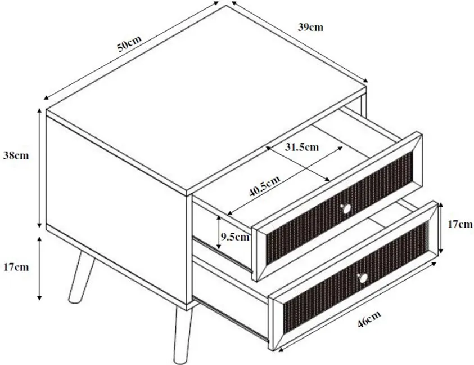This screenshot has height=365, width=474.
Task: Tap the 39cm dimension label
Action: [310, 27]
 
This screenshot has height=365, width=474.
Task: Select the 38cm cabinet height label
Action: [16, 155]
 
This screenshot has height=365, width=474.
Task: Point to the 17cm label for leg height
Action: [16, 267]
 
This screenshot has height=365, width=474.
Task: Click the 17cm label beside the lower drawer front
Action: [460, 224]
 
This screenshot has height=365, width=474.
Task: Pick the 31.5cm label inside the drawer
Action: [302, 147]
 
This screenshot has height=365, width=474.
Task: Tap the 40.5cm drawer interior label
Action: [264, 186]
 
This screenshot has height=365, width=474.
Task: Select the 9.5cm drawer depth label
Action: [235, 236]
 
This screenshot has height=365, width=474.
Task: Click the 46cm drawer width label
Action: [369, 319]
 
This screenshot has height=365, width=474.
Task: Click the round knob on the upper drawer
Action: [346, 208]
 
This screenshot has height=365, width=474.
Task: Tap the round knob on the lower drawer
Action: [363, 277]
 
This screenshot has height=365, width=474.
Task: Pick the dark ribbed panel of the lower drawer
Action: [355, 274]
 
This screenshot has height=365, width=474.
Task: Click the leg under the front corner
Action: [182, 335]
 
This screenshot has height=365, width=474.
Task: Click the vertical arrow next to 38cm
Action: [39, 168]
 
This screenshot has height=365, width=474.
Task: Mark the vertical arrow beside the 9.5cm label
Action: [219, 233]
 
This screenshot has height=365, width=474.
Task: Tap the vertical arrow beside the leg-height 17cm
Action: [39, 268]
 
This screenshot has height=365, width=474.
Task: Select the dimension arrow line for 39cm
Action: [300, 42]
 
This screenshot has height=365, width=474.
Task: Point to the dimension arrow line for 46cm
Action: [356, 307]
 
